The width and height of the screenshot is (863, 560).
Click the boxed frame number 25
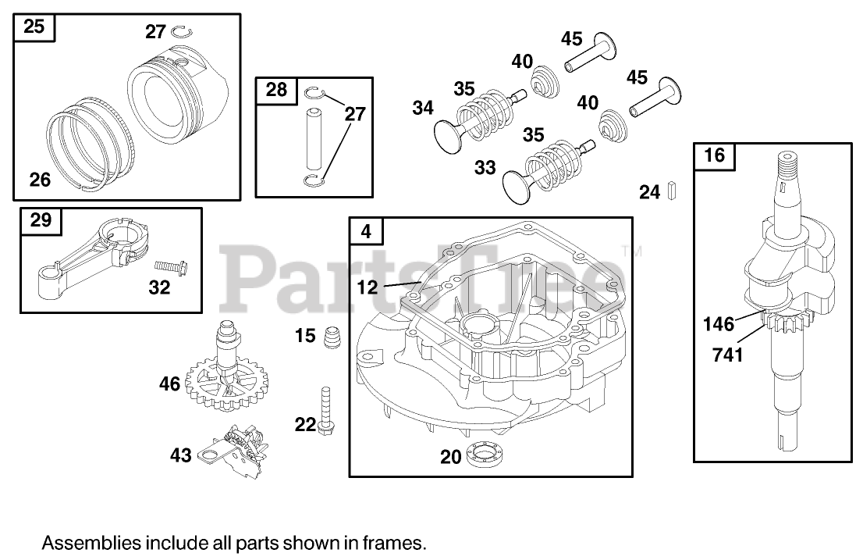(34, 27)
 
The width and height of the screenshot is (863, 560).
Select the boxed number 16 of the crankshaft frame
(714, 155)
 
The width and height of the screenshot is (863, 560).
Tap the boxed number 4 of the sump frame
(368, 231)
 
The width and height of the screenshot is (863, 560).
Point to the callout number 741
(726, 356)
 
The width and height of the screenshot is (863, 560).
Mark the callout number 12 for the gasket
(368, 287)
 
